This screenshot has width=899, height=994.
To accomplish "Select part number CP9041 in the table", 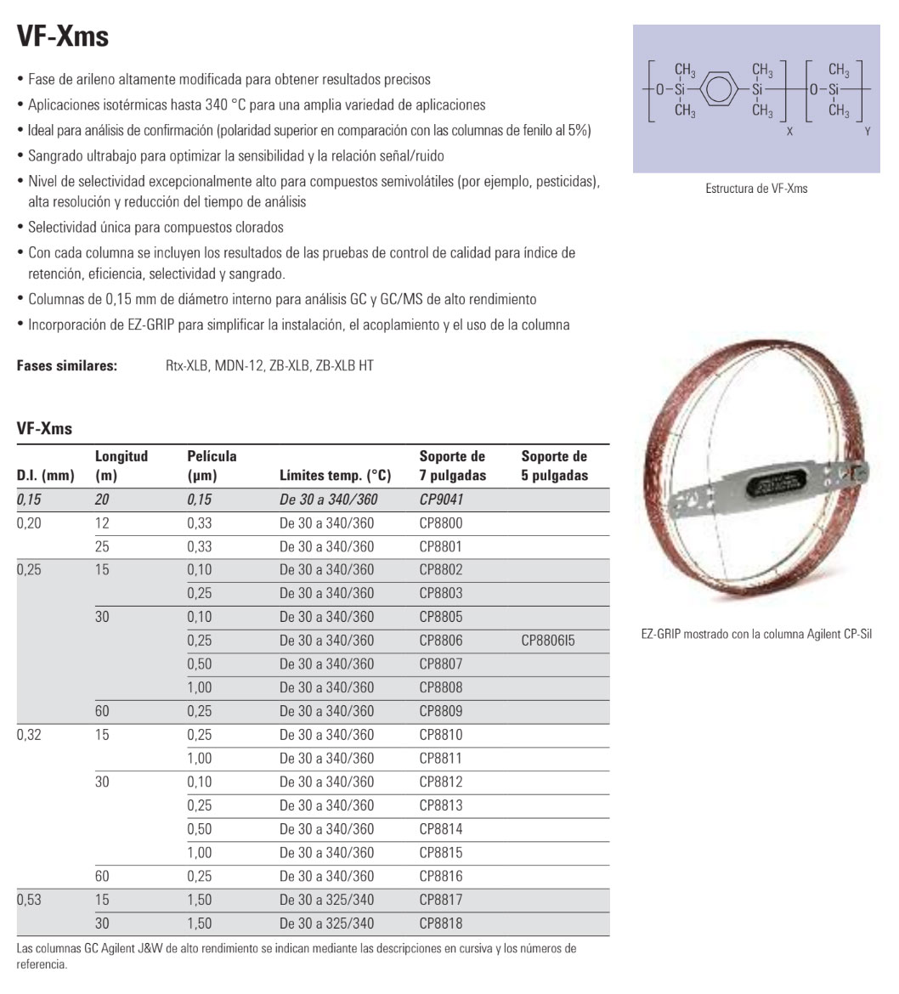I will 441,500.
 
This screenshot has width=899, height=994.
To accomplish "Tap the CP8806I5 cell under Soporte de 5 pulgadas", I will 548,641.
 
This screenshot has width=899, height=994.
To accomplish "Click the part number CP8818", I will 441,923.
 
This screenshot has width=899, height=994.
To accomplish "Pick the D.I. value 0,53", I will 29,900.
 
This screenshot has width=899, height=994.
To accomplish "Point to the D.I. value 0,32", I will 29,735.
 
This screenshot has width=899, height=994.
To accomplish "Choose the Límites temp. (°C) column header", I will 335,476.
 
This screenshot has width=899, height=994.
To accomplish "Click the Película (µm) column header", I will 212,466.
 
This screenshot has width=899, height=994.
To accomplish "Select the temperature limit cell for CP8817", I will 326,900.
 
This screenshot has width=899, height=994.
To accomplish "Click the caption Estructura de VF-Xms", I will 756,189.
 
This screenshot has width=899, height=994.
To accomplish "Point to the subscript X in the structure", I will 789,133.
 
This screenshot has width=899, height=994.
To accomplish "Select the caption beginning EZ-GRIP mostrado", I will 756,634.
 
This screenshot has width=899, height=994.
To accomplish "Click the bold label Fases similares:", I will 67,366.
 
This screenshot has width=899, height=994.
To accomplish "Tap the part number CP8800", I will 441,523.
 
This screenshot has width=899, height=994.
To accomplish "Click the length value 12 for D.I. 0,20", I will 102,523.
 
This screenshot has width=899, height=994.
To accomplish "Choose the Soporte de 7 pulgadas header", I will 452,466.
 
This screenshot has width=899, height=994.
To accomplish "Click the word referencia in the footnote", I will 42,965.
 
